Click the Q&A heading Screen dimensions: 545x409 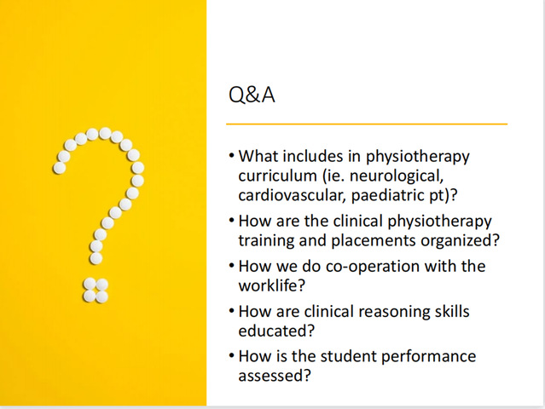click(252, 95)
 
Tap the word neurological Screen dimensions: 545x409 click(397, 176)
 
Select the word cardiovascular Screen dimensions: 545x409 click(292, 195)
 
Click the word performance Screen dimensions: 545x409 click(428, 357)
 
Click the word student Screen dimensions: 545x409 click(348, 356)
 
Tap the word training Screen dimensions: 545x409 click(266, 241)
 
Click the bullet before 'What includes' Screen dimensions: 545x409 click(232, 155)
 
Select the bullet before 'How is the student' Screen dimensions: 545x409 click(232, 355)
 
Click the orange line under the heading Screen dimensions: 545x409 click(367, 124)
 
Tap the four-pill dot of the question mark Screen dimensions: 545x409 click(96, 291)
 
